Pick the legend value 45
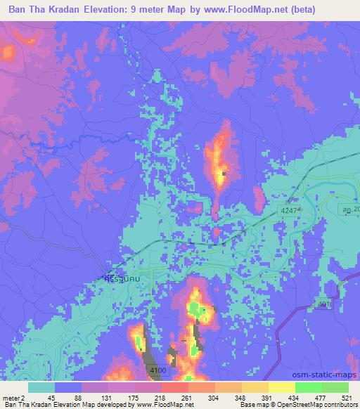click(51, 397)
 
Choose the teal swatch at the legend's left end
click(41, 387)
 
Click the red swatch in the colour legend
click(173, 387)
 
